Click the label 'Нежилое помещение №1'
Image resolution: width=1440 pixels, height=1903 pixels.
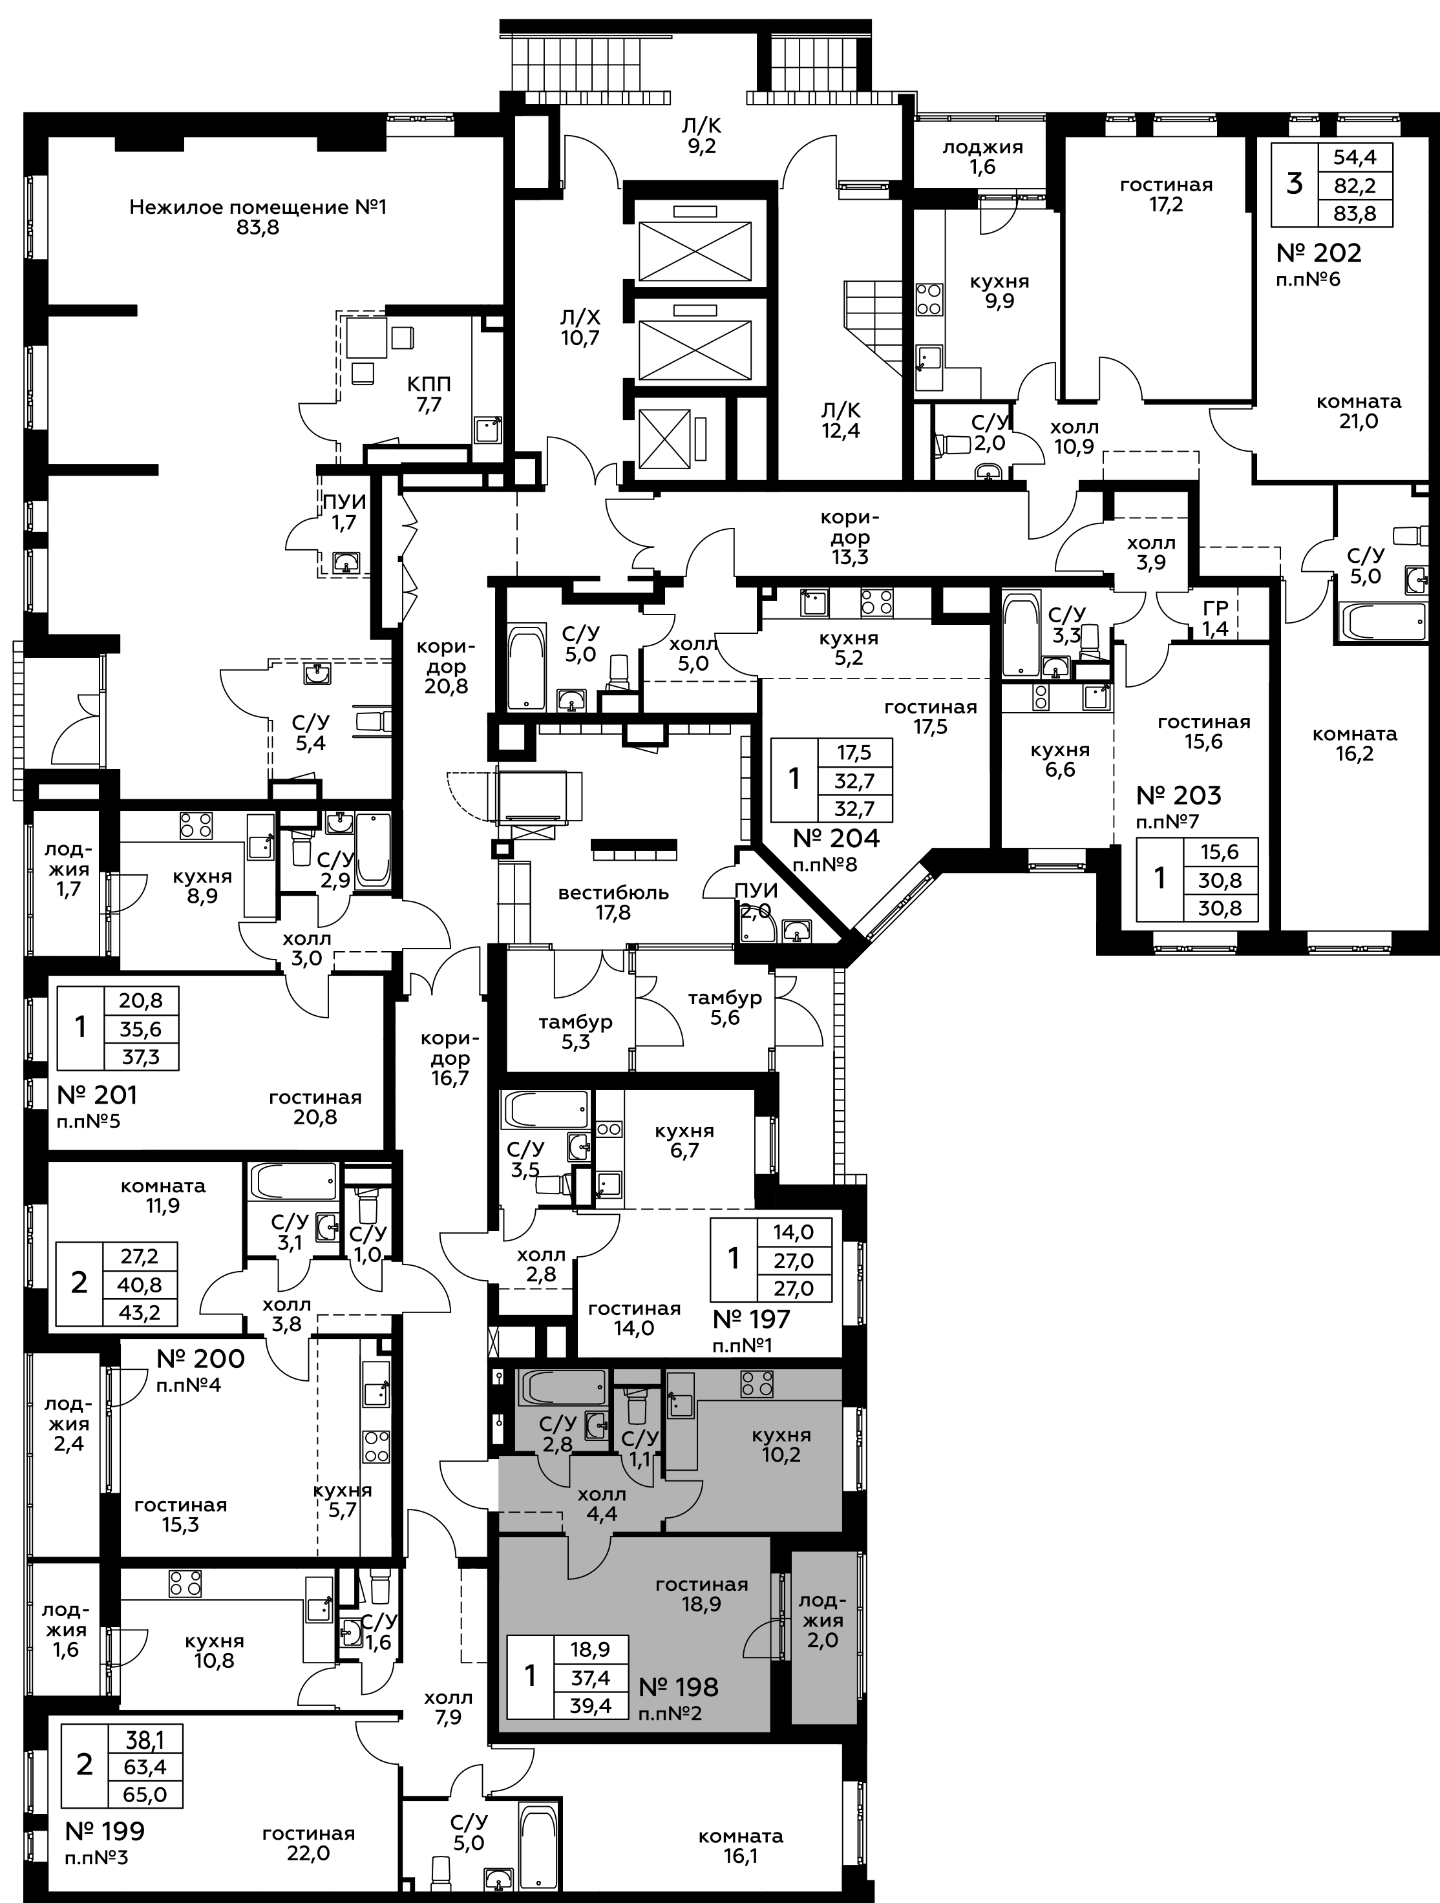pyautogui.click(x=259, y=207)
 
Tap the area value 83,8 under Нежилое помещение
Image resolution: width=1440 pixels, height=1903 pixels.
pyautogui.click(x=259, y=229)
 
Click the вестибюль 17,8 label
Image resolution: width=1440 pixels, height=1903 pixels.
pyautogui.click(x=613, y=903)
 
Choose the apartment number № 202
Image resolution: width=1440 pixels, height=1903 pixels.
pyautogui.click(x=1318, y=253)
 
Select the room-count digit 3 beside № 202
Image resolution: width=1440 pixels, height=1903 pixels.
pyautogui.click(x=1294, y=184)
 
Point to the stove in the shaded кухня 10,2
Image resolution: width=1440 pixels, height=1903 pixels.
pyautogui.click(x=757, y=1383)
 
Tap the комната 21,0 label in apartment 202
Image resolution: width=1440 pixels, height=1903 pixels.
pyautogui.click(x=1358, y=411)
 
